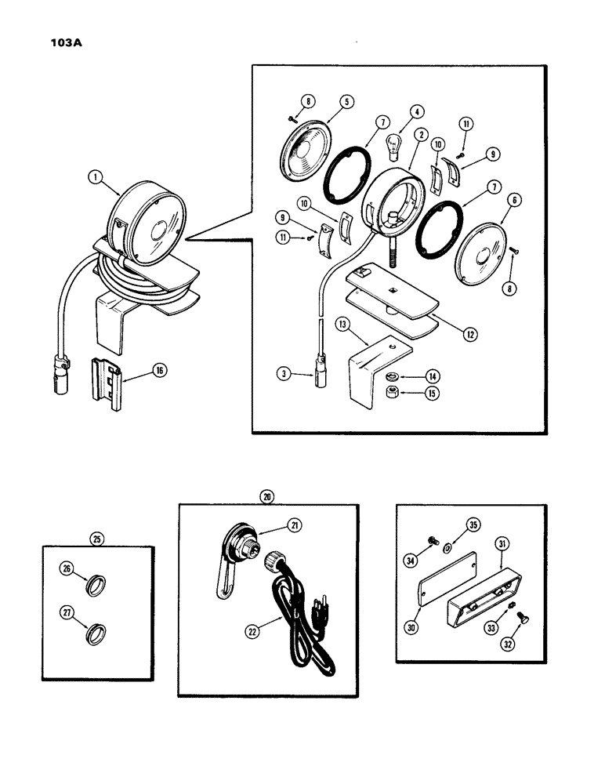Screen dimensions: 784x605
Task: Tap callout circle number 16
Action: (158, 371)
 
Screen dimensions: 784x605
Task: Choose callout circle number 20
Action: (267, 495)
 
